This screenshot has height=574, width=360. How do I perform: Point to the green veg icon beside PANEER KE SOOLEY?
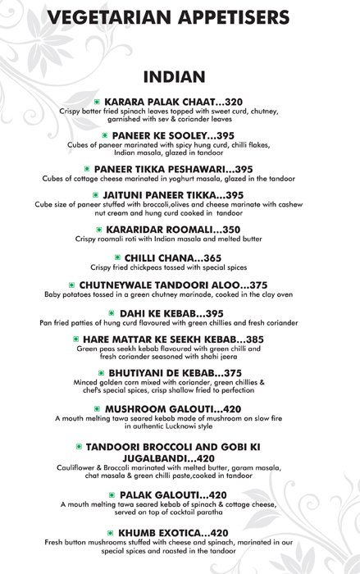[105, 134]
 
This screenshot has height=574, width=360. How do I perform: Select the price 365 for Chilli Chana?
[223, 257]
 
